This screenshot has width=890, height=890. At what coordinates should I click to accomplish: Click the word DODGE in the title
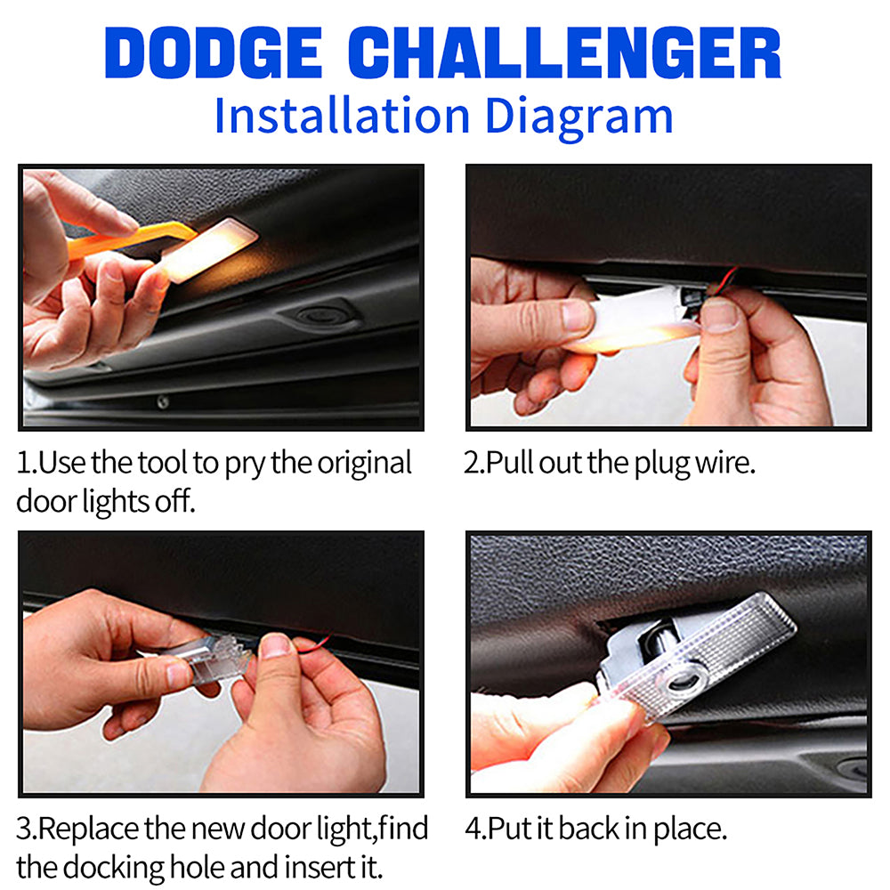pyautogui.click(x=214, y=53)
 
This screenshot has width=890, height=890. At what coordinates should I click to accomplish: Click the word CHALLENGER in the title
pyautogui.click(x=565, y=53)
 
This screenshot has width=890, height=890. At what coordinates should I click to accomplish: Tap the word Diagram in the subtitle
pyautogui.click(x=579, y=117)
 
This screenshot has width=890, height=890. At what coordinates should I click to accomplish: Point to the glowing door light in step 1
pyautogui.click(x=209, y=249)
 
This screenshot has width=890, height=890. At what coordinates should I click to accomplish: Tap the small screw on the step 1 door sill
pyautogui.click(x=163, y=402)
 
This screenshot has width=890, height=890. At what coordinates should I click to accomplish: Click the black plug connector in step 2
pyautogui.click(x=692, y=298)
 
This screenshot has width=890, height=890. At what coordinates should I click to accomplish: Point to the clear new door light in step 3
pyautogui.click(x=215, y=659)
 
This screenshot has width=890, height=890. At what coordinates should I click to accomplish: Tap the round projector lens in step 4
pyautogui.click(x=687, y=677)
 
